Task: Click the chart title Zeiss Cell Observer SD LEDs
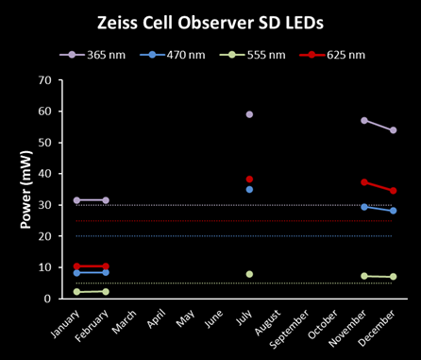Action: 210,23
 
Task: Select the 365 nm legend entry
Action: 93,55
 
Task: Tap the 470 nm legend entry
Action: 173,55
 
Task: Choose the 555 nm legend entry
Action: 253,55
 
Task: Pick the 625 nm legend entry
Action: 332,55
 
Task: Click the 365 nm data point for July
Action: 249,114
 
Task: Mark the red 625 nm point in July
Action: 249,180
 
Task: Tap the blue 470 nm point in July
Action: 249,189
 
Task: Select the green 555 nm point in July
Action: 249,274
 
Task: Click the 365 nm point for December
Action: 393,130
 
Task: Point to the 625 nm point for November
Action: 364,182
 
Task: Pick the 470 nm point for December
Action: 393,211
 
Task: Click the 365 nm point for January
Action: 76,200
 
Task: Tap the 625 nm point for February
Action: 106,266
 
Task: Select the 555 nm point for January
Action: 76,292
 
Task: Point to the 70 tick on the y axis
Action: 45,80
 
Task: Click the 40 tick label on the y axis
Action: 45,174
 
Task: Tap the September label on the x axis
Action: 290,329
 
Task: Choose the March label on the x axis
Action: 125,321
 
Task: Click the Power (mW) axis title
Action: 26,190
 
